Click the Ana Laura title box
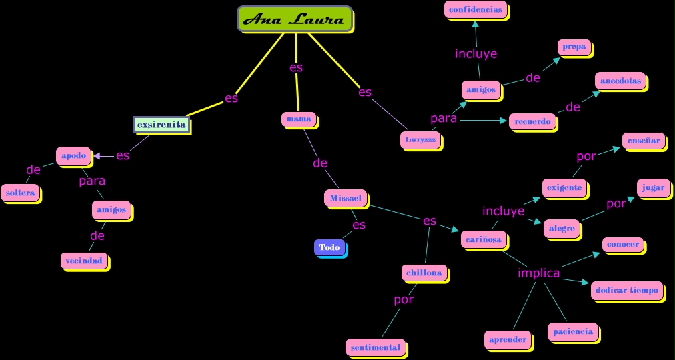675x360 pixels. [294, 19]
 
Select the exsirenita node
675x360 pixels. [161, 125]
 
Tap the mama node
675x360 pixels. [298, 119]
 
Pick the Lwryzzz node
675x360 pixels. [420, 140]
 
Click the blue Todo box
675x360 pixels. [329, 247]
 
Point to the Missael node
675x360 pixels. [346, 198]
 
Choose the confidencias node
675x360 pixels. [475, 10]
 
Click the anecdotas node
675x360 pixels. [620, 81]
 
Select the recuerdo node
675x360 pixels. [532, 121]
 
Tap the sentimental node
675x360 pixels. [375, 347]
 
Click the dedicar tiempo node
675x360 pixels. [626, 291]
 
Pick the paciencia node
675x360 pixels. [572, 331]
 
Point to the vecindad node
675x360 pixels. [84, 261]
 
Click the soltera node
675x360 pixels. [20, 193]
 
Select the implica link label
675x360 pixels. [539, 273]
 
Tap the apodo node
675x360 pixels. [73, 156]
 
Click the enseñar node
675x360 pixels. [643, 141]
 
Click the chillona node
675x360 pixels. [424, 273]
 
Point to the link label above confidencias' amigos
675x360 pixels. [476, 54]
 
